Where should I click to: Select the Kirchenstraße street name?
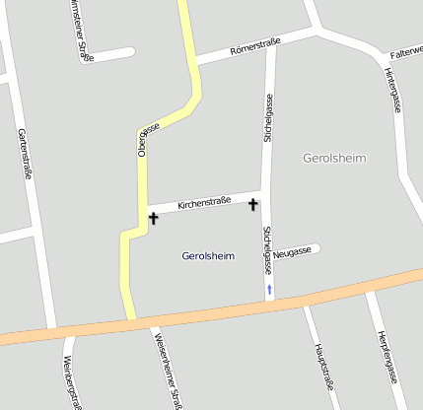click(x=204, y=202)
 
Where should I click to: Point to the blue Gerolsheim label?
click(x=208, y=256)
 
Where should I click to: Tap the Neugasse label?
click(x=292, y=252)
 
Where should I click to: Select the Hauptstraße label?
click(x=320, y=366)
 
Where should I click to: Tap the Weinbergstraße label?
click(x=71, y=379)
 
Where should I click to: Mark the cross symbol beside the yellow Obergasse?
click(x=153, y=217)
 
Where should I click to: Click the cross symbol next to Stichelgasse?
click(x=253, y=204)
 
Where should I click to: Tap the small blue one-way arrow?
click(x=269, y=289)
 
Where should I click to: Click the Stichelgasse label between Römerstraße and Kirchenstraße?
click(x=267, y=118)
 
